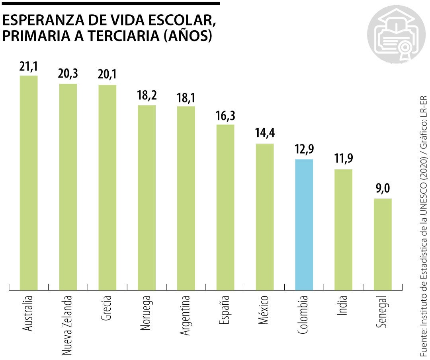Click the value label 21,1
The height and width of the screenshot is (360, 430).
click(29, 66)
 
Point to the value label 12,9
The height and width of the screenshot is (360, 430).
click(304, 150)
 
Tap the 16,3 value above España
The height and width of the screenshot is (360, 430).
click(225, 116)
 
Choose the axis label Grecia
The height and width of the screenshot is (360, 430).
click(107, 308)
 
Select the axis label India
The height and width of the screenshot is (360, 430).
click(343, 305)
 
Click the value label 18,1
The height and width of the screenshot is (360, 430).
click(186, 97)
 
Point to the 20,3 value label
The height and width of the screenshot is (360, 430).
click(68, 75)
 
